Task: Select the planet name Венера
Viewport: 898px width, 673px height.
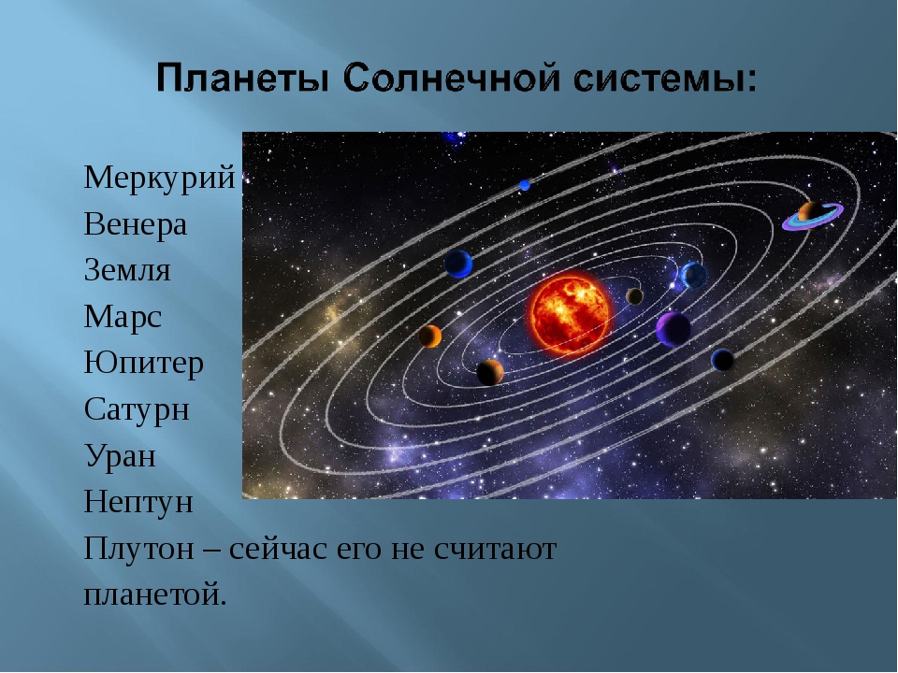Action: click(x=135, y=223)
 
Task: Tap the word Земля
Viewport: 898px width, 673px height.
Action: click(x=127, y=270)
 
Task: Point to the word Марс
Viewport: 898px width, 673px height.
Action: click(x=123, y=318)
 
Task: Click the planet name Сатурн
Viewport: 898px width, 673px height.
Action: click(x=137, y=410)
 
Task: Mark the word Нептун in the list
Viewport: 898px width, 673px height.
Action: click(x=138, y=503)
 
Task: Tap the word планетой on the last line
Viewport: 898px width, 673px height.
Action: click(x=154, y=595)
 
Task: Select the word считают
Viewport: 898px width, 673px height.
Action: click(x=495, y=550)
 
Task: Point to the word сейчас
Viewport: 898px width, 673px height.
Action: click(x=277, y=550)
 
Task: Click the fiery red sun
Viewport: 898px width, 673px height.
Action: click(x=570, y=314)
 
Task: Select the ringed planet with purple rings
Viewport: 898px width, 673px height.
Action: click(x=812, y=216)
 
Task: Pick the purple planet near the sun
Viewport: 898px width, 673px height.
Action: click(x=673, y=329)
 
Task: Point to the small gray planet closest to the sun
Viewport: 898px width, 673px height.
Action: click(x=634, y=296)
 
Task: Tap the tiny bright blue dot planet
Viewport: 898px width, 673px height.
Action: click(x=524, y=185)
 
